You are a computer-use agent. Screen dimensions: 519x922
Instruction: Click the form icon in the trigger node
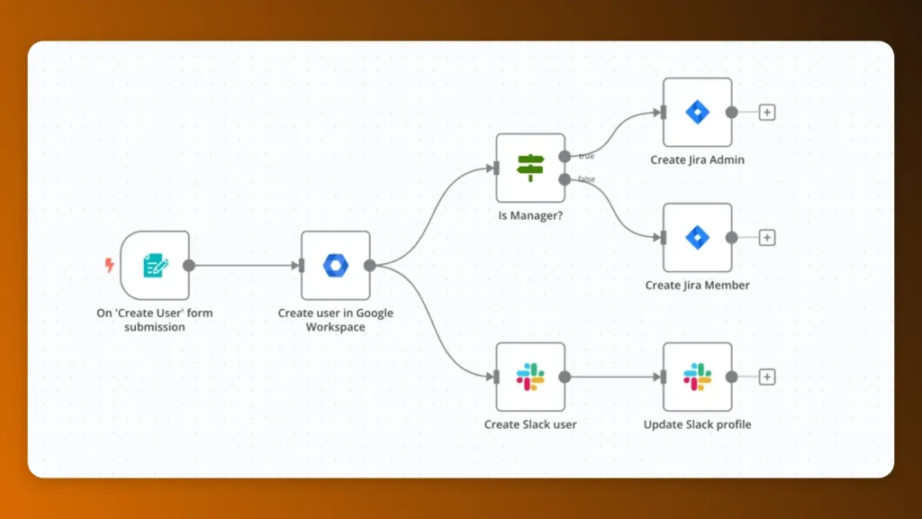click(155, 265)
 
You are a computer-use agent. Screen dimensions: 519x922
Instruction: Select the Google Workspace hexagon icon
click(335, 265)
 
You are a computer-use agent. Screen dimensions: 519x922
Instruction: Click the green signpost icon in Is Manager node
click(530, 168)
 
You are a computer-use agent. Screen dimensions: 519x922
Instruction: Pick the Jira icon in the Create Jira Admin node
click(697, 112)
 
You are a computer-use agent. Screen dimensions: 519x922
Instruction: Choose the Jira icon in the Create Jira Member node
click(697, 237)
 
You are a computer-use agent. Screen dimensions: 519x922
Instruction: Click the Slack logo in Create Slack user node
click(530, 377)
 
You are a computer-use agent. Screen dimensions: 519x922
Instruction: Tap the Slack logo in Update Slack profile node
click(697, 377)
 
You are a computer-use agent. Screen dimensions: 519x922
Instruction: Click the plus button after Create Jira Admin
click(767, 113)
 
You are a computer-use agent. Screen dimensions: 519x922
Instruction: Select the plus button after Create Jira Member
click(767, 238)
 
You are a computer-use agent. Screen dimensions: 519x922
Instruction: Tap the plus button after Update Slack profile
click(767, 377)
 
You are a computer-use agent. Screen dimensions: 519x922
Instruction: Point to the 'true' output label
click(586, 157)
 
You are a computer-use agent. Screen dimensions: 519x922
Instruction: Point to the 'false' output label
click(587, 179)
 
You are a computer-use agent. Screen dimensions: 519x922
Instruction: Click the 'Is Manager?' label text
click(530, 216)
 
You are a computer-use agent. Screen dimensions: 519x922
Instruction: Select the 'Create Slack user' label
click(530, 424)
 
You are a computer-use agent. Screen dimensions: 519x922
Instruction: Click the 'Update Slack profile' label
click(697, 424)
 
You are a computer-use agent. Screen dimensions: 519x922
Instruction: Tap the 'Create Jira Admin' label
click(697, 160)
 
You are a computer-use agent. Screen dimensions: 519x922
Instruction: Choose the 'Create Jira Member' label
click(697, 286)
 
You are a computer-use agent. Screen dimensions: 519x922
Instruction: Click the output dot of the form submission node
click(189, 265)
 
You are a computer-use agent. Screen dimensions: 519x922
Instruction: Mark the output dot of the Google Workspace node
click(369, 265)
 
